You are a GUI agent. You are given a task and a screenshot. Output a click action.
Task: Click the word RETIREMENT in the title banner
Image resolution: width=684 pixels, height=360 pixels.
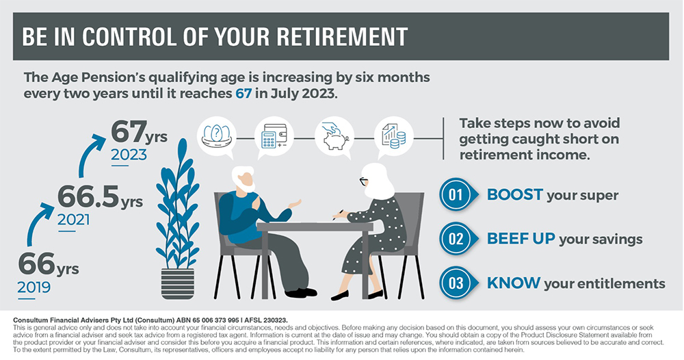click(341, 37)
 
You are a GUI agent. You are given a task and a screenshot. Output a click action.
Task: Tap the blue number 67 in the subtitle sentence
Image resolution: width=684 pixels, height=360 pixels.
click(244, 94)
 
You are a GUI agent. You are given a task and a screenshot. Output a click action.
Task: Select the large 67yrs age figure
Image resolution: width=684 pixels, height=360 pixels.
click(139, 132)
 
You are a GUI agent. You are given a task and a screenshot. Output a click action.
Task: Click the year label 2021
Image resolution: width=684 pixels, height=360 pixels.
click(73, 220)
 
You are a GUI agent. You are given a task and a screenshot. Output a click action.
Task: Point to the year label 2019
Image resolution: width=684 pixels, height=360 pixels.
click(34, 287)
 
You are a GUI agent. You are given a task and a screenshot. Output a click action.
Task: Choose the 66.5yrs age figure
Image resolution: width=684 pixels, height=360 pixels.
click(101, 197)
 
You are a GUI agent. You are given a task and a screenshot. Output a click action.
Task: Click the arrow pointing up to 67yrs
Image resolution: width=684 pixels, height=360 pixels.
click(90, 153)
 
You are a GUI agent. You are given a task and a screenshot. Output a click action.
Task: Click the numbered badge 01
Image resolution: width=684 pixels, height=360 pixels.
click(458, 194)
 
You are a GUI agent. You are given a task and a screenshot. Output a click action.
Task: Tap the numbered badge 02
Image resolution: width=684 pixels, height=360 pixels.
click(458, 239)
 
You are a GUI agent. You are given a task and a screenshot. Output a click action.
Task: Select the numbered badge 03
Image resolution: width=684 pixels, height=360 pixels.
click(458, 283)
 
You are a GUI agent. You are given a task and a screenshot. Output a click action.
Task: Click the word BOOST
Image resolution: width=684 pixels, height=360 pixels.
click(515, 194)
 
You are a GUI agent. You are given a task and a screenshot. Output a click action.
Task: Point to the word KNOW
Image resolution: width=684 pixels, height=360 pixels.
click(514, 283)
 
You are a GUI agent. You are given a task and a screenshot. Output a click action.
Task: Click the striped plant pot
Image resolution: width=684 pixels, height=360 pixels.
click(178, 283)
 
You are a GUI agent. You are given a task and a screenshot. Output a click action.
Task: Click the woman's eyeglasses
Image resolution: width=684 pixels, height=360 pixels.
click(363, 181)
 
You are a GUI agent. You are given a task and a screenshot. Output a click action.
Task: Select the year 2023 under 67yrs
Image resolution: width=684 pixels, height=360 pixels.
click(129, 155)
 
